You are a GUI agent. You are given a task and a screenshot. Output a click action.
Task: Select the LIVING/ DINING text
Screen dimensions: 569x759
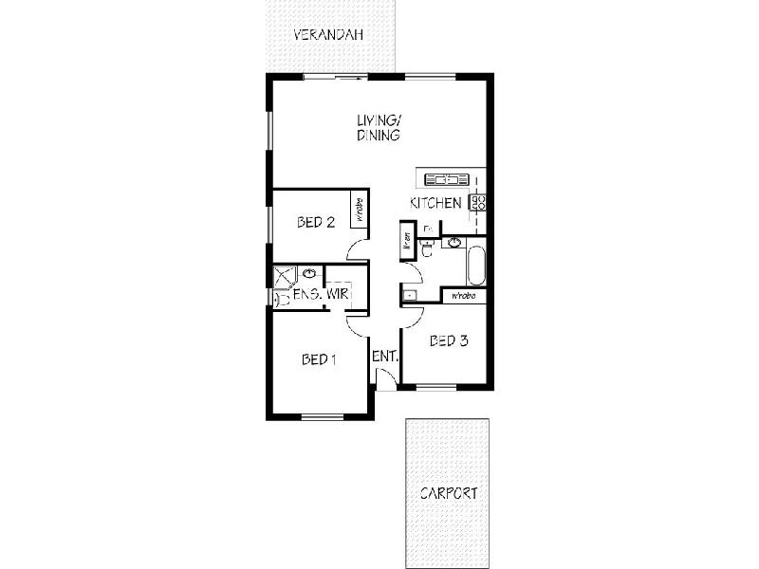(x=379, y=128)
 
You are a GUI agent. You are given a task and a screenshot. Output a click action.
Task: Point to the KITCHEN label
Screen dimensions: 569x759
(x=435, y=203)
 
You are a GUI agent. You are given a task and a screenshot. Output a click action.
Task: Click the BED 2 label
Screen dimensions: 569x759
(x=316, y=224)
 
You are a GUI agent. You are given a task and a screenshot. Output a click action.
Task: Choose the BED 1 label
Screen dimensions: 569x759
(x=320, y=359)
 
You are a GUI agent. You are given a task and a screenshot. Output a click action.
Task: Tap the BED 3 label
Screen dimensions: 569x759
(x=449, y=341)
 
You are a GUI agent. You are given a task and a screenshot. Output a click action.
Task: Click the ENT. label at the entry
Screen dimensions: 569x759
(x=384, y=357)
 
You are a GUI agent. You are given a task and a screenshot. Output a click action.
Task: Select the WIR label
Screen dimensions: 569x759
(x=337, y=295)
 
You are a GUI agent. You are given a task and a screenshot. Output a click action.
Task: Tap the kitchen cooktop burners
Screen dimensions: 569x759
(x=479, y=201)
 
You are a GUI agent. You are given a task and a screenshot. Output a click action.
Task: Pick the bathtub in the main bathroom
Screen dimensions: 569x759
(x=476, y=266)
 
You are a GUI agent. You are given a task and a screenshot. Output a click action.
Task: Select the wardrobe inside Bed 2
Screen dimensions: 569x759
(x=360, y=209)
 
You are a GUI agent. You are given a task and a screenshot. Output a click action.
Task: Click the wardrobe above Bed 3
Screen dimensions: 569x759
(x=463, y=297)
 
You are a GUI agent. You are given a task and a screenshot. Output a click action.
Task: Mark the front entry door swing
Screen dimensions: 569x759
(x=385, y=378)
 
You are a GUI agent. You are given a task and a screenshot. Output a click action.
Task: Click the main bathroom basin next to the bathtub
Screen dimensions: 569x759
(x=454, y=242)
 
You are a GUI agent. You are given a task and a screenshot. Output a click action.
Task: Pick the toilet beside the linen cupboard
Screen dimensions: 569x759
(x=428, y=248)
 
